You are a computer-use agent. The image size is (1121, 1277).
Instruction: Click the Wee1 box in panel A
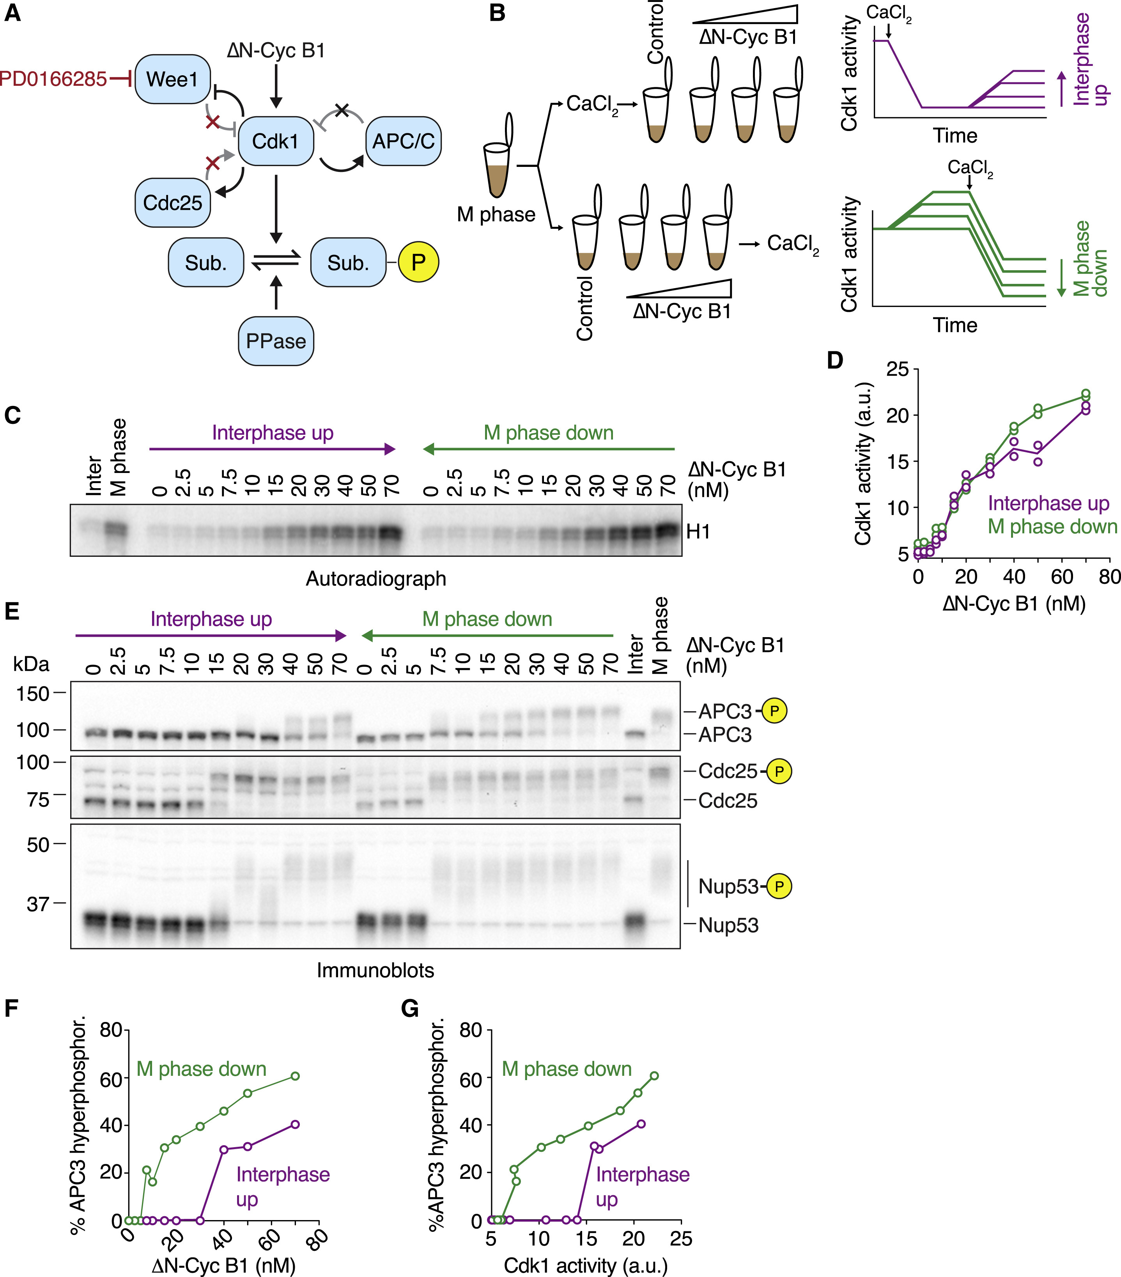point(172,79)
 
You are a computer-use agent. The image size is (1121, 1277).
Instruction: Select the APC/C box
point(403,141)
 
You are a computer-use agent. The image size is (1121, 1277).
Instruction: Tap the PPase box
point(276,341)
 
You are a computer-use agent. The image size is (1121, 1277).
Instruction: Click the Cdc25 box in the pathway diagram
point(172,202)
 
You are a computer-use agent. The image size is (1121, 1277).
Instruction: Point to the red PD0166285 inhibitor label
point(53,79)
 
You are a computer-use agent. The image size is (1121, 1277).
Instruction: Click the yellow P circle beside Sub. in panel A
point(419,262)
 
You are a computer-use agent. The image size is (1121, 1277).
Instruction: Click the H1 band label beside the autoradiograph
point(698,532)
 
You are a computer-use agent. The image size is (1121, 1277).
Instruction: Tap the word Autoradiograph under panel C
point(375,579)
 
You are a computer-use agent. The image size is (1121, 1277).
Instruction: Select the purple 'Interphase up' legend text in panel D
point(1048,503)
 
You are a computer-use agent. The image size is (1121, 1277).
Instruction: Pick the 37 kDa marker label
point(37,903)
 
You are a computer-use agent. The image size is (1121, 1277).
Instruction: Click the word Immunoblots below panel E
point(375,970)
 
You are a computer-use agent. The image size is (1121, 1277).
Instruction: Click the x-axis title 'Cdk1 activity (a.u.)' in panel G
point(586,1266)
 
